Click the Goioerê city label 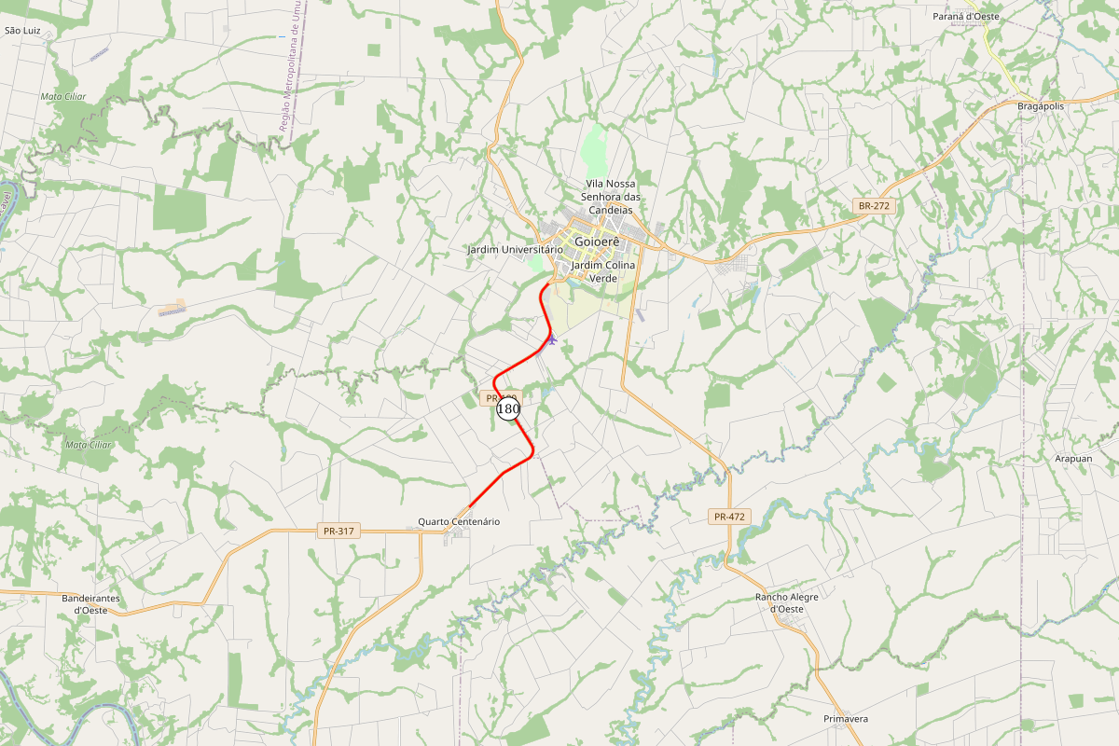(598, 241)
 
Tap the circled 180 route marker (508, 408)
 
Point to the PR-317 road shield (338, 531)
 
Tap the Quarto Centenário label (459, 521)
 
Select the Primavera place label (846, 719)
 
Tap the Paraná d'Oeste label (966, 17)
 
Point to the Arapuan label (1072, 459)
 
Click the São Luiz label (23, 31)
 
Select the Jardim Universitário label (515, 250)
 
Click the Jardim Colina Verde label (603, 271)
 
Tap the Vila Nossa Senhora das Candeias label (611, 197)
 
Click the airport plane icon (552, 338)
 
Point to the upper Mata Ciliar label (62, 96)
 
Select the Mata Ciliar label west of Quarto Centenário (89, 444)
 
